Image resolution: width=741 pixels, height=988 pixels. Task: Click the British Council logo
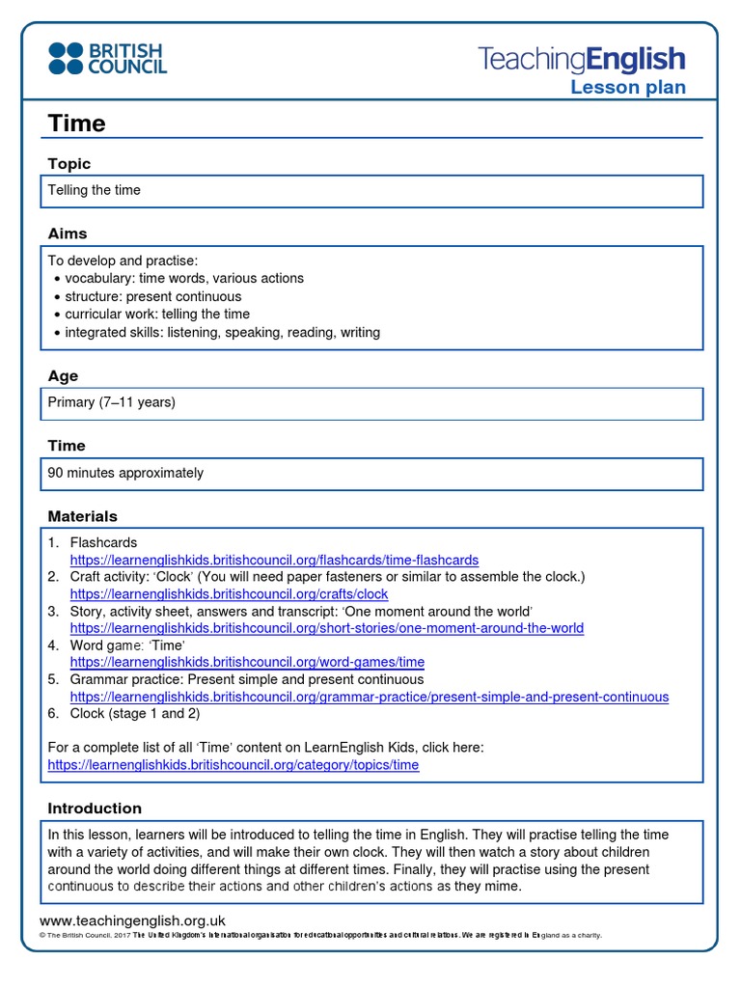108,58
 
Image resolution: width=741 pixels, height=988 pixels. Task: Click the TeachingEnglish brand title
582,59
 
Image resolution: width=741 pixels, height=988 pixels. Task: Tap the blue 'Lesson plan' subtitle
627,88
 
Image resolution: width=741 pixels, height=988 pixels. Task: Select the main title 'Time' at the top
76,123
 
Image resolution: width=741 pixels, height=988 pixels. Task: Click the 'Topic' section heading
69,164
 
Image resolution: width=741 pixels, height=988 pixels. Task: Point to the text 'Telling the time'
95,190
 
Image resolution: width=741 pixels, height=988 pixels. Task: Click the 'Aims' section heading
68,233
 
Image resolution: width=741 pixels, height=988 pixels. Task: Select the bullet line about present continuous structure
152,296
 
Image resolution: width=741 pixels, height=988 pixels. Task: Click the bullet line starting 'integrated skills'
222,332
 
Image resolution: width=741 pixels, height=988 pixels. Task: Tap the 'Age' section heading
63,376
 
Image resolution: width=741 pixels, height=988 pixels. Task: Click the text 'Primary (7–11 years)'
112,402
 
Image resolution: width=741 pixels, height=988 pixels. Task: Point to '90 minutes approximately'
125,473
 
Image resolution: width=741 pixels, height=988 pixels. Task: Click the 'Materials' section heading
82,516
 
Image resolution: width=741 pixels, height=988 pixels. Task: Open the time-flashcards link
274,560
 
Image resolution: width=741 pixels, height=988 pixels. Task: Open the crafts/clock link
229,594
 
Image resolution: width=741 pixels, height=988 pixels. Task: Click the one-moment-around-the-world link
327,628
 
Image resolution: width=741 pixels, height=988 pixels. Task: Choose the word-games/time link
247,663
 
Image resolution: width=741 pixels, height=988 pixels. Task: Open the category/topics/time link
233,765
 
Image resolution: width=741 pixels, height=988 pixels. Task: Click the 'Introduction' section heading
95,809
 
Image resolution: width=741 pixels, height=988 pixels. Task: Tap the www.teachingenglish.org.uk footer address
132,920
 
